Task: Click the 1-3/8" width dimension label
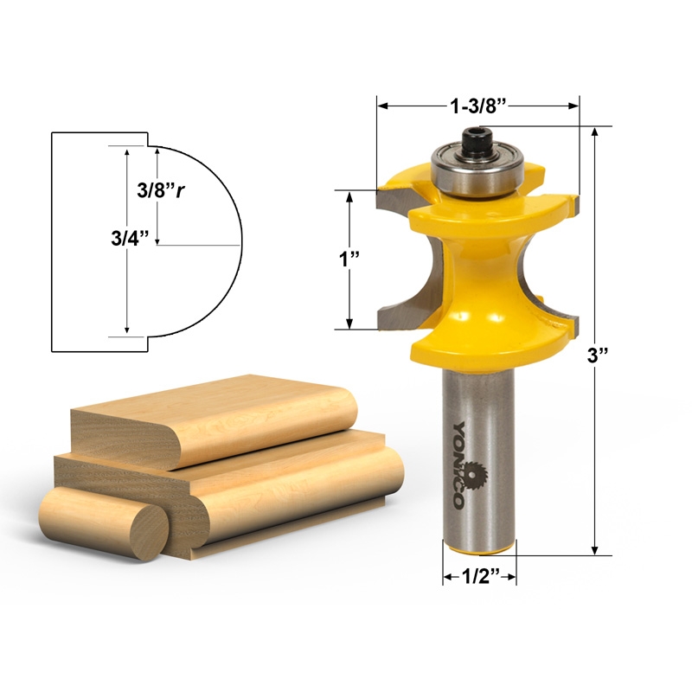pos(477,106)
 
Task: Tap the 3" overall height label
pos(594,355)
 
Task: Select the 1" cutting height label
pos(349,260)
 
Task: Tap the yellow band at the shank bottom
pos(479,549)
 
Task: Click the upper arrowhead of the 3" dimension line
pos(595,132)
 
